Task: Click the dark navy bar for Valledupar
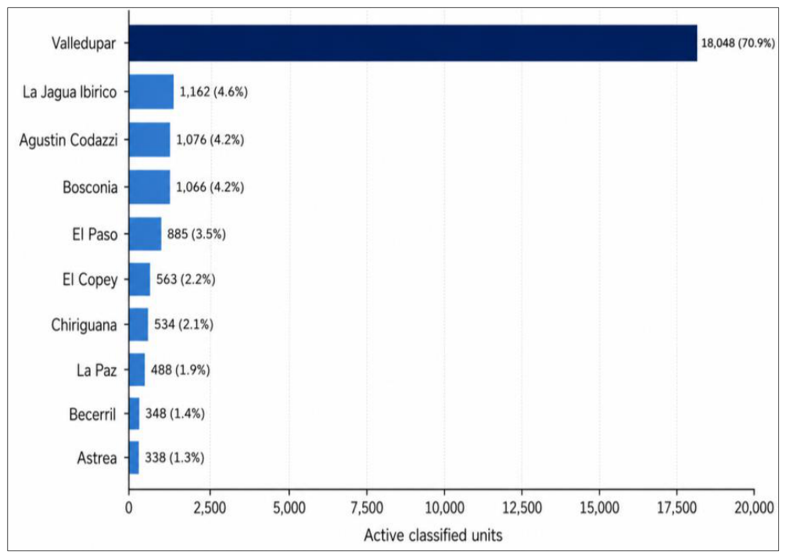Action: click(x=412, y=43)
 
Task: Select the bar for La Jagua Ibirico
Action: click(x=151, y=92)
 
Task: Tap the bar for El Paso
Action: click(x=145, y=234)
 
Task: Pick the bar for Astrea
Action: click(x=134, y=457)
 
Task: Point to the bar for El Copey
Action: click(x=139, y=279)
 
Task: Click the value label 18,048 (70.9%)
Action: click(x=738, y=43)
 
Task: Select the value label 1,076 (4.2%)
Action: click(x=210, y=139)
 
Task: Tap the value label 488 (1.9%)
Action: click(x=181, y=370)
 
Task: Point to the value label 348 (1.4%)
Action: click(x=175, y=413)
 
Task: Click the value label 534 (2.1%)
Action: click(x=184, y=325)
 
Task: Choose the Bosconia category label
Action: click(x=90, y=187)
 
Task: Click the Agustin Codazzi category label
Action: click(x=69, y=139)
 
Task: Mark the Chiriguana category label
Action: click(x=84, y=325)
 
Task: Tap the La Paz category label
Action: click(x=97, y=370)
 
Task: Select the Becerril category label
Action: click(x=93, y=415)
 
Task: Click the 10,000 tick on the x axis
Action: click(x=445, y=508)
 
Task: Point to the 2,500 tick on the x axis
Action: click(x=210, y=508)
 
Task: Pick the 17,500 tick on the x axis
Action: click(x=677, y=508)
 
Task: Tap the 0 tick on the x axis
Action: click(x=129, y=508)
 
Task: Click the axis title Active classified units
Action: click(x=433, y=535)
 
